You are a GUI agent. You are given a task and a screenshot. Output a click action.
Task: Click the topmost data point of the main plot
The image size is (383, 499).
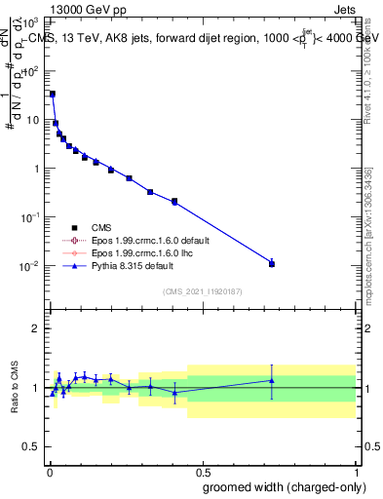point(53,94)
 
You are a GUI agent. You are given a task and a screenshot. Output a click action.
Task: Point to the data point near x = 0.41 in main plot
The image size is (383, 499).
point(174,202)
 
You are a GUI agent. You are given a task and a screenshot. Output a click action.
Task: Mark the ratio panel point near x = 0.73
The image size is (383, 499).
point(272,380)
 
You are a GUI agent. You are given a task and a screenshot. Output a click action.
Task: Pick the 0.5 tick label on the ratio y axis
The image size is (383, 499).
point(32,447)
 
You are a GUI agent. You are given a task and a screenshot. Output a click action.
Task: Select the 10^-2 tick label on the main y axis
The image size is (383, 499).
point(32,266)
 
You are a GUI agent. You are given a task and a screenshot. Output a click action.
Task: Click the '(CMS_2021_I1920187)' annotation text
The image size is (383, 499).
point(202,291)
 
